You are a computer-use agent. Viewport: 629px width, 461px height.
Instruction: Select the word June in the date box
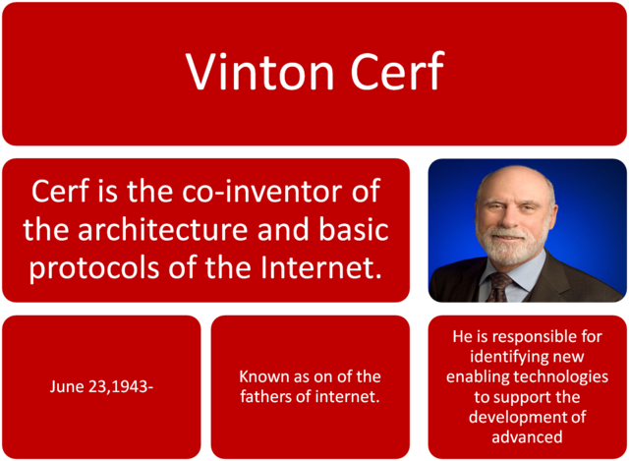(68, 386)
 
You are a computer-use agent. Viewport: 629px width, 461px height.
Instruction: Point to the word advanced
(528, 437)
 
